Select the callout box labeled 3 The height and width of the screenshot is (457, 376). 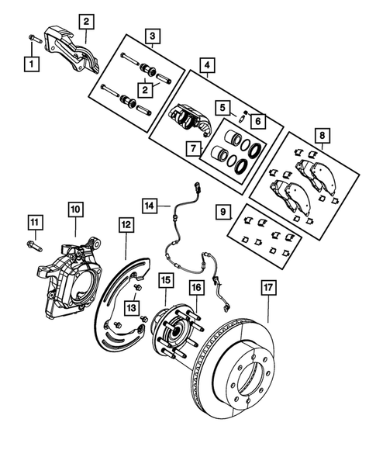click(153, 36)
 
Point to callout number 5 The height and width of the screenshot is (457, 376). click(222, 108)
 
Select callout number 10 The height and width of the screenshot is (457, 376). click(75, 209)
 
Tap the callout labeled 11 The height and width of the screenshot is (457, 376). click(33, 224)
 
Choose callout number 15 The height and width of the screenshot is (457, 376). click(165, 279)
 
